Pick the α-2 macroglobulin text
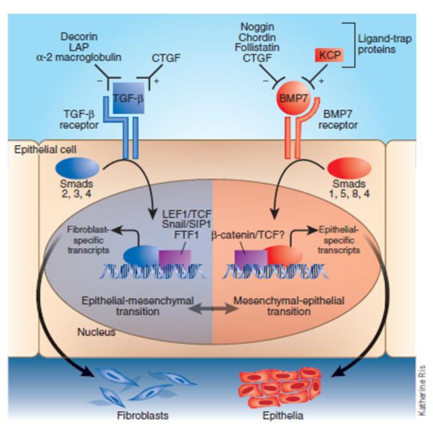coord(79,57)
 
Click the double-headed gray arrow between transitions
coord(215,308)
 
